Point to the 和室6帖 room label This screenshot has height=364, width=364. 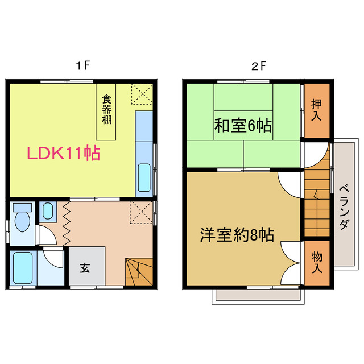[x=243, y=126]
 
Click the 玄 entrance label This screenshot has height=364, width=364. [x=85, y=267]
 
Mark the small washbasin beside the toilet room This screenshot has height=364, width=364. [x=47, y=212]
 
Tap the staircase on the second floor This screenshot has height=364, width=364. [x=316, y=205]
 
